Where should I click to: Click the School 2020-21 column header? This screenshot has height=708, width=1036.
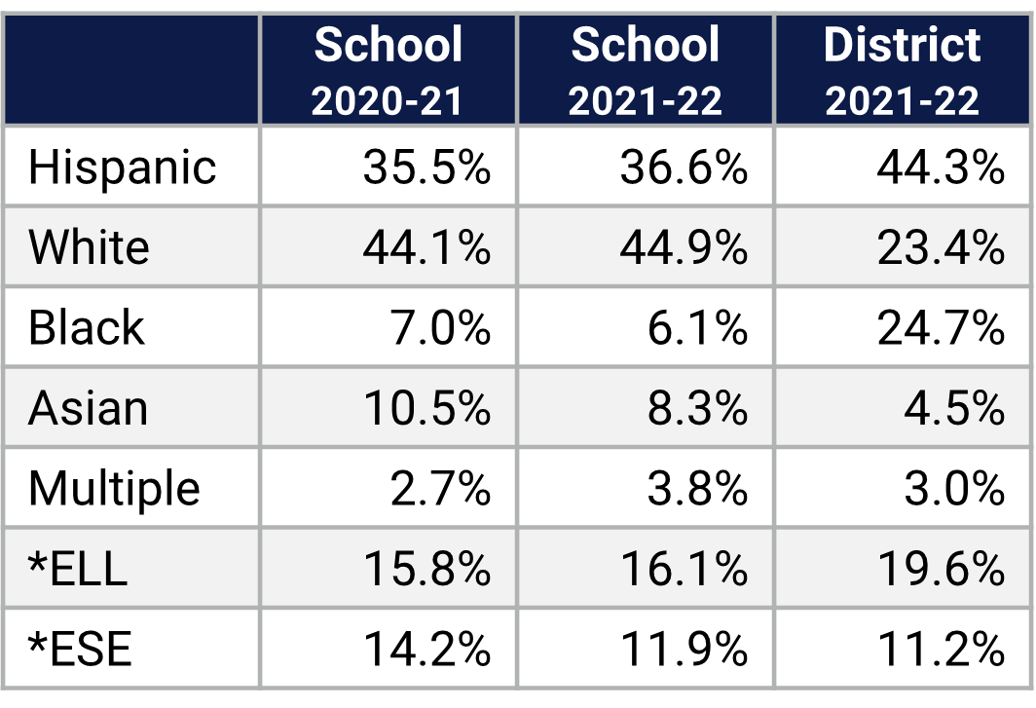pyautogui.click(x=388, y=71)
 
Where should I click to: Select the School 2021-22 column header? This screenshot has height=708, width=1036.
pyautogui.click(x=645, y=71)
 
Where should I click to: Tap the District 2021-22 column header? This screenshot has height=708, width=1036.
pyautogui.click(x=902, y=71)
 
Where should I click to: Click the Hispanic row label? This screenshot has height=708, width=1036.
pyautogui.click(x=122, y=167)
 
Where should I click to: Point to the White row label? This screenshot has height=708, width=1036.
pyautogui.click(x=89, y=247)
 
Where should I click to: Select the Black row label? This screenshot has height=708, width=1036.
pyautogui.click(x=86, y=327)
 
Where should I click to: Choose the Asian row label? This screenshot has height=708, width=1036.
pyautogui.click(x=88, y=408)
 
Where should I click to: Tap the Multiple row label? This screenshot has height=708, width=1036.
pyautogui.click(x=114, y=488)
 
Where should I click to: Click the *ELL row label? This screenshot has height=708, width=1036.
pyautogui.click(x=78, y=569)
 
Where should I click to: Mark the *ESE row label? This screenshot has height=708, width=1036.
pyautogui.click(x=80, y=649)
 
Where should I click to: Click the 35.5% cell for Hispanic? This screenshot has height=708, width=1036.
pyautogui.click(x=426, y=168)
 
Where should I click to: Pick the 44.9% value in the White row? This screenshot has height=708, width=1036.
pyautogui.click(x=684, y=247)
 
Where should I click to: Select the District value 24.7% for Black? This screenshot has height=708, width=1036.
pyautogui.click(x=940, y=328)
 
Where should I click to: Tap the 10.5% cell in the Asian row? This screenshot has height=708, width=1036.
pyautogui.click(x=426, y=408)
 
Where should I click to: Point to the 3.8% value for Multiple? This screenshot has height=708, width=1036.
pyautogui.click(x=697, y=488)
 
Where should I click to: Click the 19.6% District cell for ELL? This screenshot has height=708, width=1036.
pyautogui.click(x=940, y=569)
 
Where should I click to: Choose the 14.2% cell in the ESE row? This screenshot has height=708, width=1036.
pyautogui.click(x=426, y=649)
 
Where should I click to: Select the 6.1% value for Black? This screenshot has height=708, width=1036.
pyautogui.click(x=697, y=328)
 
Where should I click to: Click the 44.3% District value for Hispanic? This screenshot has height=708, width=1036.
pyautogui.click(x=940, y=168)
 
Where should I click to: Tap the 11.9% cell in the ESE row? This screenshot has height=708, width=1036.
pyautogui.click(x=684, y=649)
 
